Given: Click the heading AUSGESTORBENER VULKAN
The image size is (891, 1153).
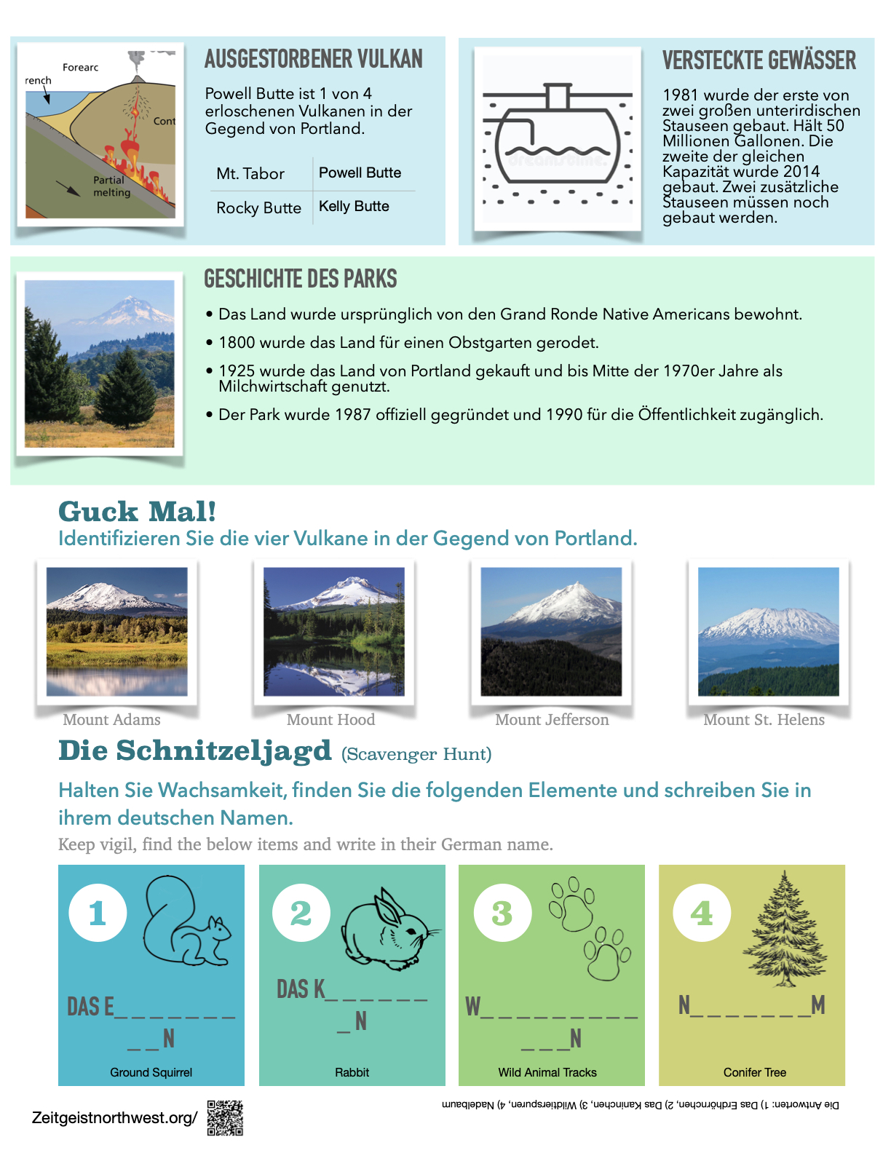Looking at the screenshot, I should coord(313,59).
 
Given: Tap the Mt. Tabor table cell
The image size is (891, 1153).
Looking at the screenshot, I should coord(250,174).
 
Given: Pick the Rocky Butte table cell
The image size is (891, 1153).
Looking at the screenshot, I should coord(258,208).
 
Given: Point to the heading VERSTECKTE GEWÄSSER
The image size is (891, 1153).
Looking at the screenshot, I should coord(759,60).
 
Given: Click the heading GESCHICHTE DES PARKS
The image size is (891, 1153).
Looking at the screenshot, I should coord(300,279).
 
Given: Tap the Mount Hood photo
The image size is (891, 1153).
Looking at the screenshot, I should coord(333,631).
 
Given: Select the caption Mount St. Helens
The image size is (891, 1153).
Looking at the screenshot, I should coord(764,720).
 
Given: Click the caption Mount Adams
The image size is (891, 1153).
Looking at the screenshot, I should coord(111,720).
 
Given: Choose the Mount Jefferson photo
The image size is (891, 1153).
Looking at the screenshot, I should coord(551,631).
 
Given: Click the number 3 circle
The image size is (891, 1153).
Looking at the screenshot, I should coord(502,913).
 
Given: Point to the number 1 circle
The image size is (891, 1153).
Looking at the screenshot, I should coord(98,913).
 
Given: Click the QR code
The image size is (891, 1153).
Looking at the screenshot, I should coord(225,1118).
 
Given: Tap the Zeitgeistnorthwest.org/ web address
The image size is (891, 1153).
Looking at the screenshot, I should coord(114,1118).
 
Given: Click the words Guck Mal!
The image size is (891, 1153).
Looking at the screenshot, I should coord(137,512).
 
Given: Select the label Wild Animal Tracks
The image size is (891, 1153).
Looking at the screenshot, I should coord(547,1072).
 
